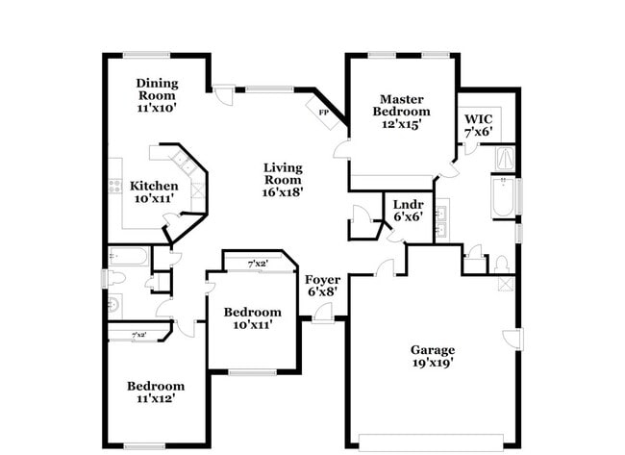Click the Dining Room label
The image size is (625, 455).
coord(155,95)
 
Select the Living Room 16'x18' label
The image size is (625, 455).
coord(284,180)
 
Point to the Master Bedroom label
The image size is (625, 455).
coord(402,111)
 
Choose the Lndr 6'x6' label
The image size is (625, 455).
coord(408,211)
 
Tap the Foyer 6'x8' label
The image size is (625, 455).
coord(322,286)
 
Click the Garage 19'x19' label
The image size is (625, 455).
coord(432,356)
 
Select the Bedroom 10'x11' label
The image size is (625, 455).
coord(252,318)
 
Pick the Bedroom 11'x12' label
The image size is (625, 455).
coord(155,391)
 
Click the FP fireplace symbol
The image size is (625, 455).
coord(323,112)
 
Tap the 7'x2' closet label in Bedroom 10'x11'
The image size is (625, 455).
coord(257,264)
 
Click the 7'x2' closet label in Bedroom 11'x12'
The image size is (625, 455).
coord(139,335)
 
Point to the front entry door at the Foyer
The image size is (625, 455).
coord(323,314)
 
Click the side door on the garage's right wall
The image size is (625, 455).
coord(513,340)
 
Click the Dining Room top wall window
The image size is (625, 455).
coord(147,53)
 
